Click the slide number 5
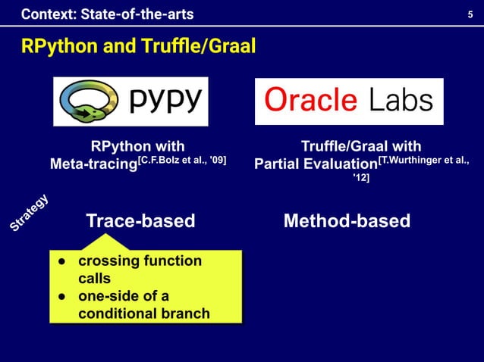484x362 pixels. [x=470, y=14]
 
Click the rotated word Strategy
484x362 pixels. [x=30, y=213]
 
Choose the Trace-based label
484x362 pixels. [x=140, y=221]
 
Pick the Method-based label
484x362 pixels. [x=347, y=221]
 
